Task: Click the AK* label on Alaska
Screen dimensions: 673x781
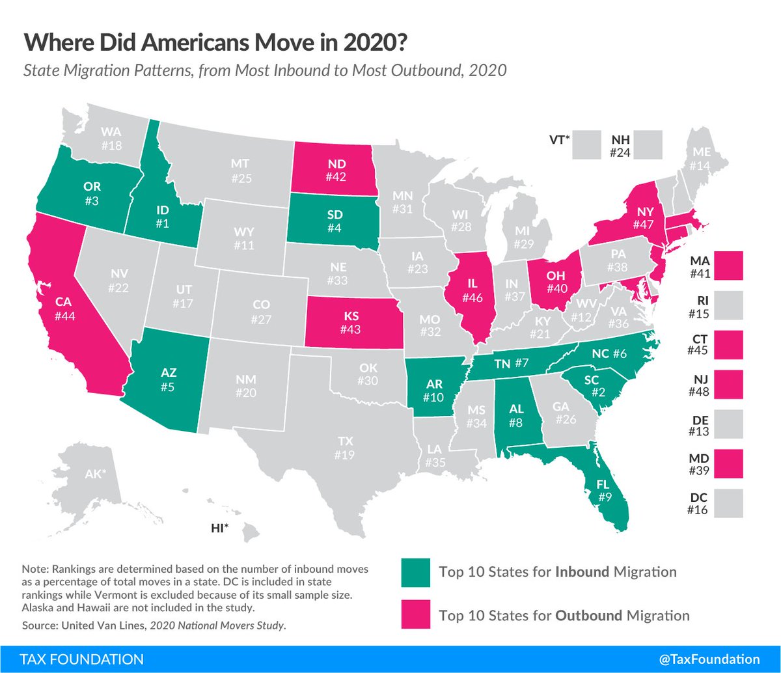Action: point(94,474)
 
